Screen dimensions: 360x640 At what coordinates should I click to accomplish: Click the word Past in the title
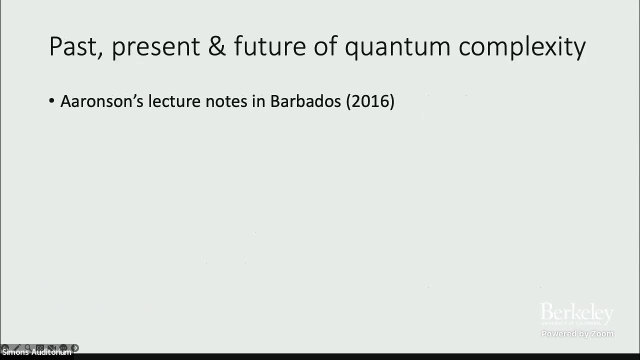tap(75, 46)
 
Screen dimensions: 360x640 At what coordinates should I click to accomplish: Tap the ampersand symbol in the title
tap(217, 46)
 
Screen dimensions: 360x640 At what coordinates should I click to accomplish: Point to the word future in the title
tap(269, 46)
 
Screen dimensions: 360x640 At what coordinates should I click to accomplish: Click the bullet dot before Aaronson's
tap(52, 101)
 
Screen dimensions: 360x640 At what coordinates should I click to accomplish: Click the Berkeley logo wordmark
tap(576, 314)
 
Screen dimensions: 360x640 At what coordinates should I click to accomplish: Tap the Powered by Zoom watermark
tap(577, 333)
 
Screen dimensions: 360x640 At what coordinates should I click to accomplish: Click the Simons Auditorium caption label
tap(36, 352)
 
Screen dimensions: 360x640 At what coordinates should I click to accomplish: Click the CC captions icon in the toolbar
tap(39, 347)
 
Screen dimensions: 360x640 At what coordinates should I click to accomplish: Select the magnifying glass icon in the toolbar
tap(28, 347)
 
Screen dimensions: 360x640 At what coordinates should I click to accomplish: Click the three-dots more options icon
tap(63, 347)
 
